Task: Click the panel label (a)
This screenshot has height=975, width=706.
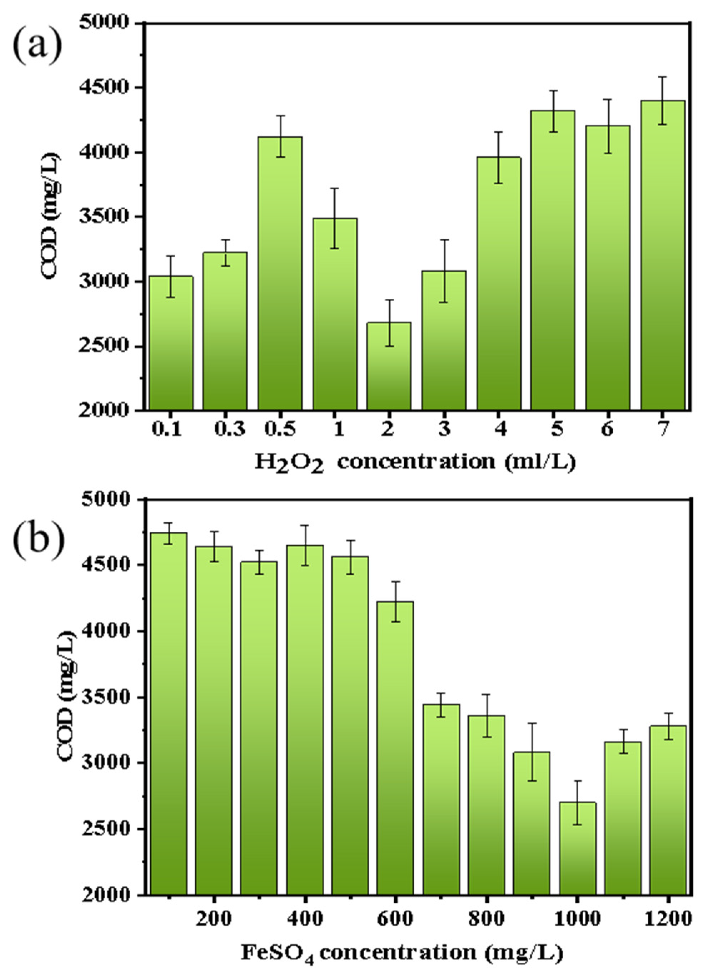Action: [38, 47]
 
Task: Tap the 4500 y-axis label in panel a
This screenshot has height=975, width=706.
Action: [104, 88]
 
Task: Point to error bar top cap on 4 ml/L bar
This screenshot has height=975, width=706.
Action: [498, 132]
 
